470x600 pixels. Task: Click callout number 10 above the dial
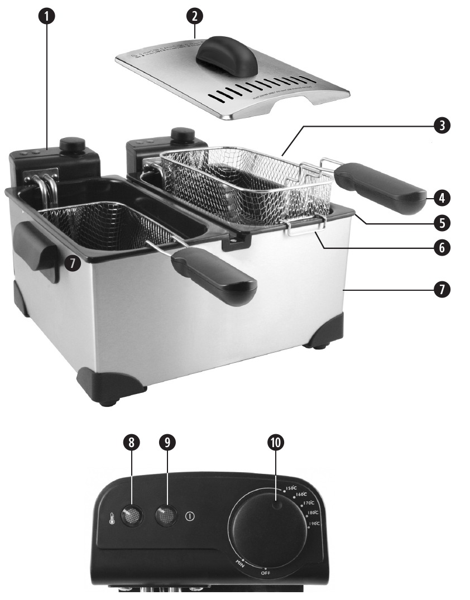(x=276, y=442)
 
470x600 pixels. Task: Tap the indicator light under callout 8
(x=131, y=516)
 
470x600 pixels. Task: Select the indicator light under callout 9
(x=165, y=516)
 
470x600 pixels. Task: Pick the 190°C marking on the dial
(x=314, y=524)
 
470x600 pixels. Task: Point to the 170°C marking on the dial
(x=308, y=503)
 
